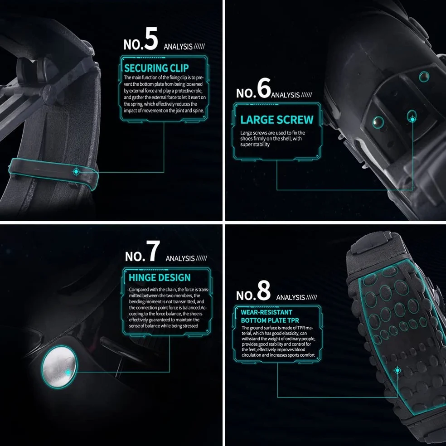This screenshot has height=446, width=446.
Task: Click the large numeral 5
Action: pyautogui.click(x=150, y=39)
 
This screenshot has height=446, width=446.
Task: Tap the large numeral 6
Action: pyautogui.click(x=264, y=88)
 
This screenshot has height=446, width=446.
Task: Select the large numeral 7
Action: pyautogui.click(x=153, y=251)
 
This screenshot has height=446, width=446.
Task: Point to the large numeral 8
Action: pyautogui.click(x=263, y=290)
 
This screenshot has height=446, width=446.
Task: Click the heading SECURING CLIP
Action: pyautogui.click(x=156, y=68)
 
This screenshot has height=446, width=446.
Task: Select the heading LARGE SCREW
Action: pyautogui.click(x=277, y=120)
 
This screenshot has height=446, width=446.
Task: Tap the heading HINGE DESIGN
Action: pyautogui.click(x=160, y=277)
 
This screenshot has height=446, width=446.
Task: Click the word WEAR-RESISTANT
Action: pyautogui.click(x=267, y=312)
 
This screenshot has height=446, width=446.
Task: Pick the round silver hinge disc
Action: pyautogui.click(x=59, y=367)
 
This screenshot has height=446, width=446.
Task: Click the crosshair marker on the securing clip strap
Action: pyautogui.click(x=76, y=172)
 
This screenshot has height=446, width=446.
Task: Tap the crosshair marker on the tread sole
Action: pyautogui.click(x=398, y=370)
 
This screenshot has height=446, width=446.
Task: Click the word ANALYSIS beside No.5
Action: pyautogui.click(x=178, y=47)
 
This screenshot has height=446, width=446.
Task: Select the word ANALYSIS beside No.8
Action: pyautogui.click(x=291, y=297)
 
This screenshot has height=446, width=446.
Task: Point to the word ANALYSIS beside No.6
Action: pyautogui.click(x=285, y=95)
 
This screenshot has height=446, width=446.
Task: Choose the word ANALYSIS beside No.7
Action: pyautogui.click(x=180, y=258)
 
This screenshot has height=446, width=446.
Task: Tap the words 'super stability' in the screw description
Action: pyautogui.click(x=255, y=145)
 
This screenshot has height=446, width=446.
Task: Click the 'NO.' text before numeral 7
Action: pyautogui.click(x=135, y=256)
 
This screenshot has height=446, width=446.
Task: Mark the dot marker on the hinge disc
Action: pyautogui.click(x=68, y=372)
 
